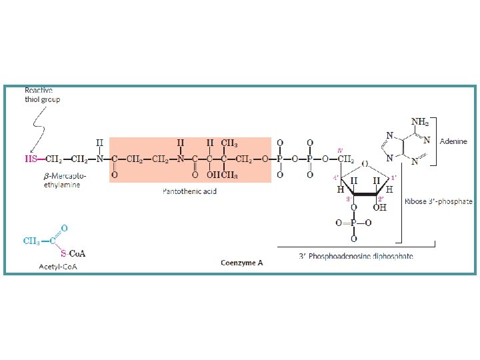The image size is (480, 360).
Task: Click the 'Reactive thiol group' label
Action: pyautogui.click(x=43, y=95)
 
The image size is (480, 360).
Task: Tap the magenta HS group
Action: pyautogui.click(x=31, y=159)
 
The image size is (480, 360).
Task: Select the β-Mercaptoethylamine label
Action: pyautogui.click(x=61, y=180)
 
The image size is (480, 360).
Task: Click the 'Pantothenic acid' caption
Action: pyautogui.click(x=190, y=191)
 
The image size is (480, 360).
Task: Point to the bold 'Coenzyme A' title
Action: pyautogui.click(x=242, y=263)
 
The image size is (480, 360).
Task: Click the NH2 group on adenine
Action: pyautogui.click(x=420, y=122)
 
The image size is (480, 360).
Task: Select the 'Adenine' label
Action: pyautogui.click(x=453, y=141)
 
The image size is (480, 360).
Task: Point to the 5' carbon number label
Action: pyautogui.click(x=341, y=151)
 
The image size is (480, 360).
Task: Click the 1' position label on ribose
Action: pyautogui.click(x=394, y=177)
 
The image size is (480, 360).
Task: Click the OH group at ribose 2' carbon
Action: pyautogui.click(x=380, y=208)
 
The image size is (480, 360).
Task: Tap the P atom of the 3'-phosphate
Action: pyautogui.click(x=353, y=223)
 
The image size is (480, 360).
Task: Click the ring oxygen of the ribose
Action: pyautogui.click(x=364, y=163)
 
